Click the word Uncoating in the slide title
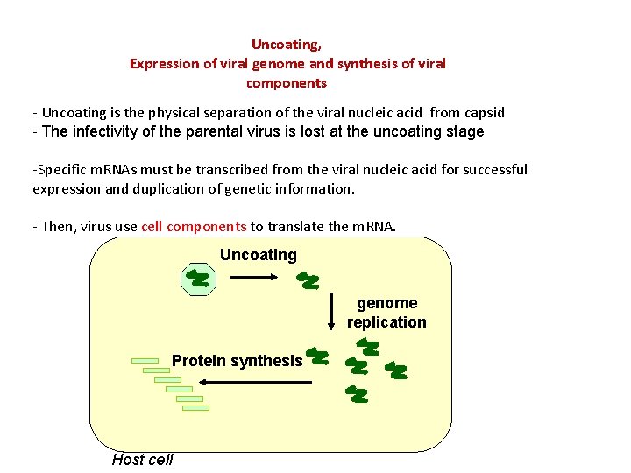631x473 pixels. pyautogui.click(x=286, y=44)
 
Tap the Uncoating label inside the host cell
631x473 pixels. pyautogui.click(x=259, y=255)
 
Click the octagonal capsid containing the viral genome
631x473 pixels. pyautogui.click(x=198, y=279)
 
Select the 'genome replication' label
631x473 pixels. pyautogui.click(x=386, y=313)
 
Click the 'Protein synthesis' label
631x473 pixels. pyautogui.click(x=237, y=361)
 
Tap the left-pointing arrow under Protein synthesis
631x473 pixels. pyautogui.click(x=254, y=382)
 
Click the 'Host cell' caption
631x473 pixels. pyautogui.click(x=143, y=460)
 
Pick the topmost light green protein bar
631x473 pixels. pyautogui.click(x=145, y=360)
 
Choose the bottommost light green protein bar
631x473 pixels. pyautogui.click(x=195, y=407)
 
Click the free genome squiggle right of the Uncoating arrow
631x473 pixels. pyautogui.click(x=308, y=280)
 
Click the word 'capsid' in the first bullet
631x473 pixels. pyautogui.click(x=485, y=112)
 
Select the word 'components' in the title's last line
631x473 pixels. pyautogui.click(x=287, y=83)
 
